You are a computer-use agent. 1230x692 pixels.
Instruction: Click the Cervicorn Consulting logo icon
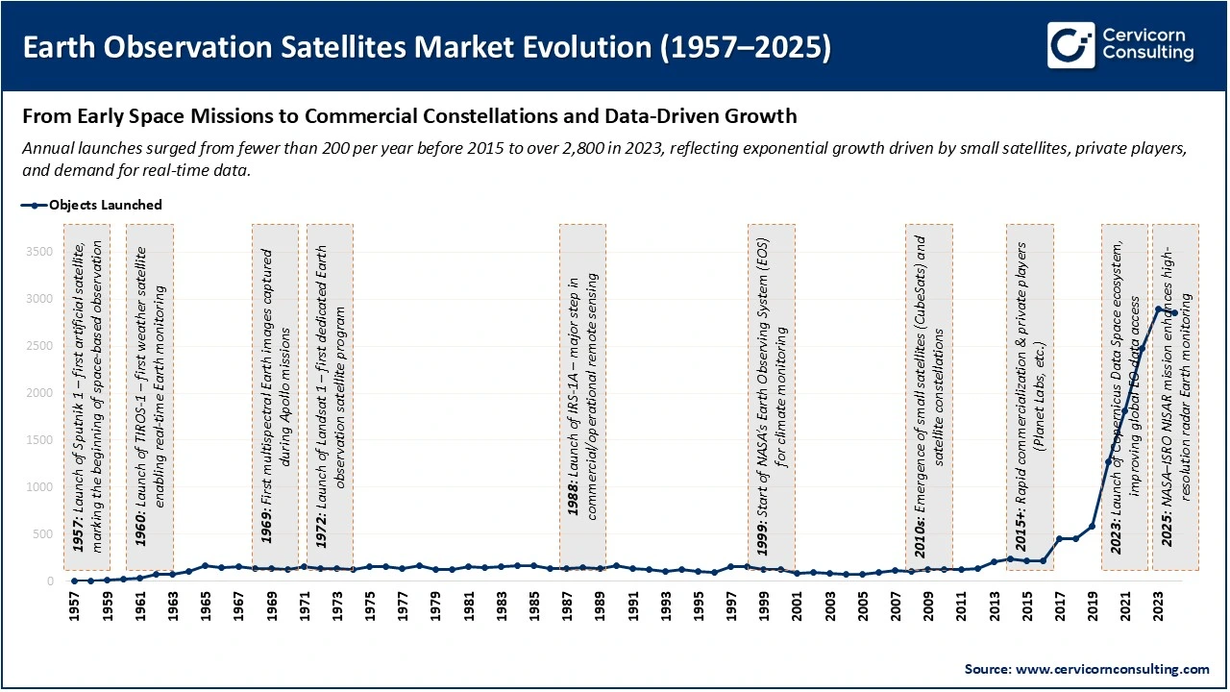(x=1070, y=45)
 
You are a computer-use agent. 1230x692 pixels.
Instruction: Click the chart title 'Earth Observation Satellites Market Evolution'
(x=427, y=47)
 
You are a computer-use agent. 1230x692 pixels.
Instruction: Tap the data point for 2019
(x=1092, y=526)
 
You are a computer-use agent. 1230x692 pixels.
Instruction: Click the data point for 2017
(x=1059, y=539)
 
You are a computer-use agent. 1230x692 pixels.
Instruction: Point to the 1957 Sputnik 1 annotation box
(x=86, y=397)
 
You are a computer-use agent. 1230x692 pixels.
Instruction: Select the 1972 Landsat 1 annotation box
(x=330, y=397)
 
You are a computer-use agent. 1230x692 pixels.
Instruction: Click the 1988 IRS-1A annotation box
(x=582, y=397)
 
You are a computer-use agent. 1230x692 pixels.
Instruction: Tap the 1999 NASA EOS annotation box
(x=772, y=397)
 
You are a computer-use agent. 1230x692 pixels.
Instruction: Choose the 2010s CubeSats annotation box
(x=929, y=397)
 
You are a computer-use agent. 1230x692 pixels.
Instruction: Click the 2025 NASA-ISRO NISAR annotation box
(x=1175, y=397)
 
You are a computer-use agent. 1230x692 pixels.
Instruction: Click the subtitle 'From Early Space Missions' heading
(x=409, y=117)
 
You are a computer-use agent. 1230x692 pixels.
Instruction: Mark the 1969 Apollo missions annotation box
(x=275, y=397)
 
